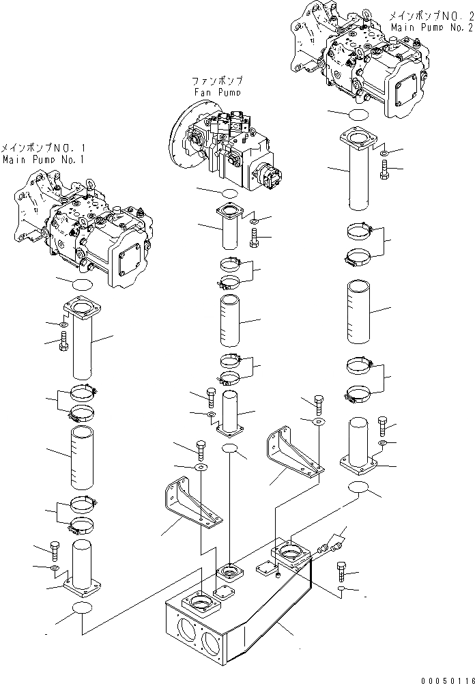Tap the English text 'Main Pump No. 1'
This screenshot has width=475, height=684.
(x=42, y=159)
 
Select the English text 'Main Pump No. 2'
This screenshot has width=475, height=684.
(x=431, y=27)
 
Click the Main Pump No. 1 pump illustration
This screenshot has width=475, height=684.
(x=85, y=229)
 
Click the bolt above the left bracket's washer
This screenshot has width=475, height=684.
(x=201, y=450)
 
